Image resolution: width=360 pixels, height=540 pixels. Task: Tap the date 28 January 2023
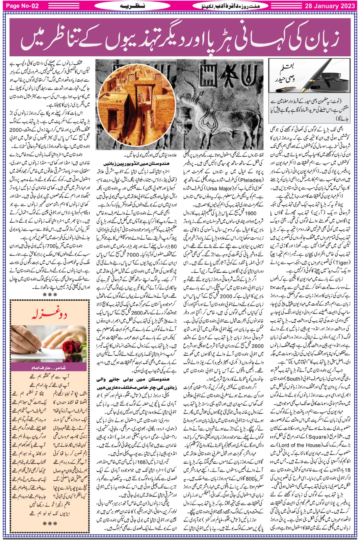(330, 6)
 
